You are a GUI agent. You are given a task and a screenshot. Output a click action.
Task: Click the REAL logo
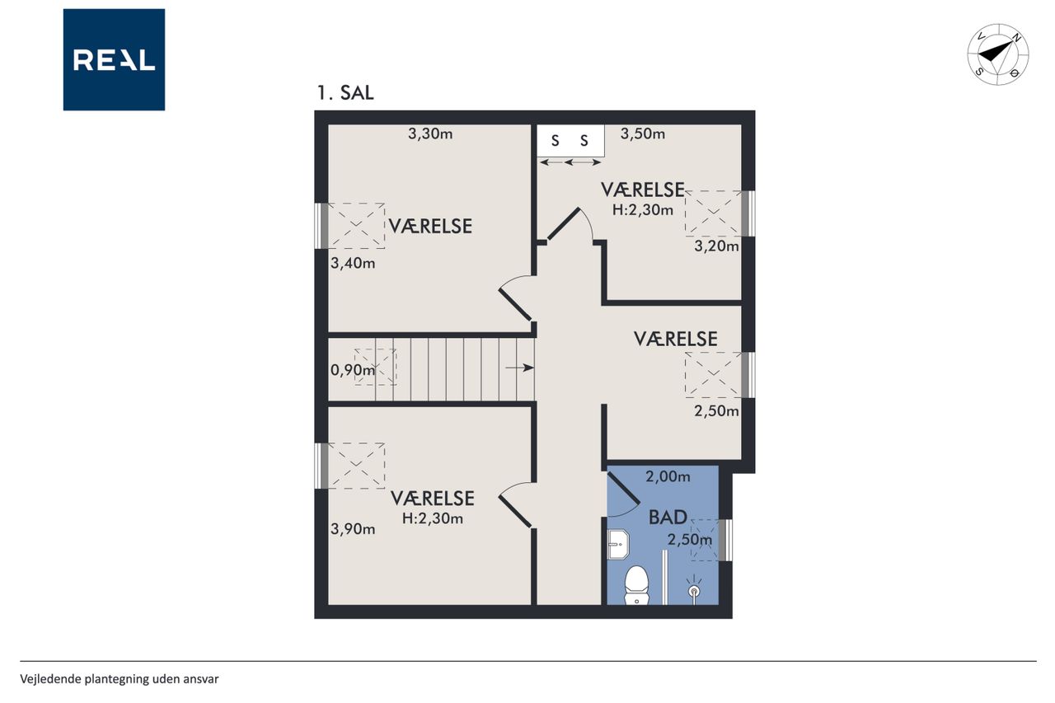coord(114,60)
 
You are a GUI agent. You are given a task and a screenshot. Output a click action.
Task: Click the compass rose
coord(997,54)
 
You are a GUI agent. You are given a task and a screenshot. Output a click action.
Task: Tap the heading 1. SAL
coord(345,93)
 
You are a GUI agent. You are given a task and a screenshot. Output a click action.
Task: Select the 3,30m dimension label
coord(430,134)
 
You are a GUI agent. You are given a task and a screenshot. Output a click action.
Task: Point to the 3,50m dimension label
coord(642,134)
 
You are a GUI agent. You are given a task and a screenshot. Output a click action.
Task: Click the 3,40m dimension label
coord(353,263)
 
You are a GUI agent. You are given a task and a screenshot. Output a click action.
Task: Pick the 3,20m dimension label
coord(716,246)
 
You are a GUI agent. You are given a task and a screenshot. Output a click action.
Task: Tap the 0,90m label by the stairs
coord(353,370)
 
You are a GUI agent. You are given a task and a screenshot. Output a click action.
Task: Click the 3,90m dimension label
coord(353,529)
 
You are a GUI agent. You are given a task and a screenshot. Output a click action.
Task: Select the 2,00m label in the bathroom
coord(668,477)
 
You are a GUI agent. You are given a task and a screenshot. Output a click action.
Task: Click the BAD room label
coord(668,518)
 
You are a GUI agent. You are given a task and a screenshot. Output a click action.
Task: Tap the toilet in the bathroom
coord(636,585)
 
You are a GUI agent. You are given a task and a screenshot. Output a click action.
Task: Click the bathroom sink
coord(618,545)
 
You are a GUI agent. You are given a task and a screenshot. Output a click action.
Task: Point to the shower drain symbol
coord(694,590)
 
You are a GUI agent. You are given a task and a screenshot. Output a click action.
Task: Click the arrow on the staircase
coord(519,368)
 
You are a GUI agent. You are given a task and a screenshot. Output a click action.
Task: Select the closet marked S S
coord(571,141)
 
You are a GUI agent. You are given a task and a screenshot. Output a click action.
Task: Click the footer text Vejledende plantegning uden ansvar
coord(120,679)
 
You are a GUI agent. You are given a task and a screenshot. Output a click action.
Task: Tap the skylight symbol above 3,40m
coord(357,226)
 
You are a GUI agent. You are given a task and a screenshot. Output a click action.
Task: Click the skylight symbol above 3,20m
coord(714,213)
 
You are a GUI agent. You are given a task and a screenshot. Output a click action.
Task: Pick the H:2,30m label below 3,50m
coord(642,210)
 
